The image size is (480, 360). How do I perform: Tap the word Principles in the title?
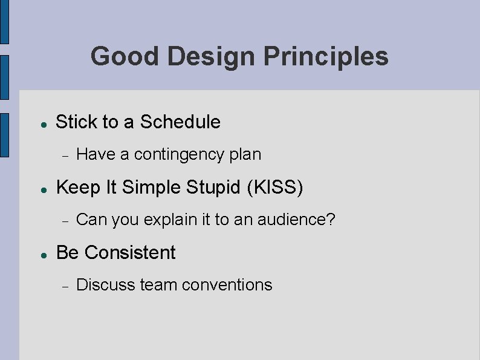tap(326, 57)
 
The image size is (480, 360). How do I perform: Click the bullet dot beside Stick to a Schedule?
tap(44, 123)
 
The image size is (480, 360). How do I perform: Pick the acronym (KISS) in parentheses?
tap(275, 188)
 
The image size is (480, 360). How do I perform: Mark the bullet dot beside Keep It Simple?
tap(44, 189)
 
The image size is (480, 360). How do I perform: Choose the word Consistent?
tap(130, 252)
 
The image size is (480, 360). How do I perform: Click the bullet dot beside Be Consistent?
tap(44, 254)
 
